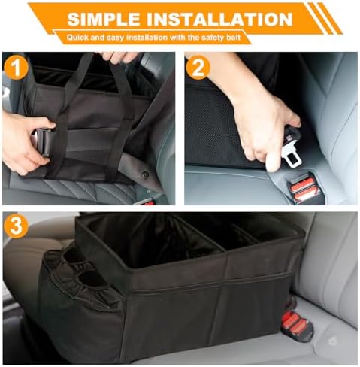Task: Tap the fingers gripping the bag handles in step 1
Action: point(120,56)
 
